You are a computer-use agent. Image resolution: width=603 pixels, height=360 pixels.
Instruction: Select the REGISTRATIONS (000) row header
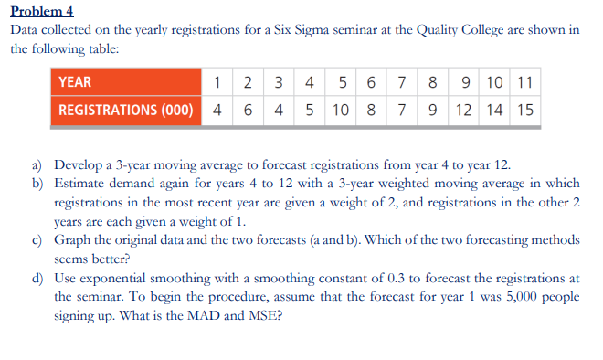tap(125, 111)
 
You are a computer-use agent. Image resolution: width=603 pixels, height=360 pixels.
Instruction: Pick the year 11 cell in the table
tap(524, 82)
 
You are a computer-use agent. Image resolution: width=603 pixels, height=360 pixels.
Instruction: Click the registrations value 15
tap(524, 111)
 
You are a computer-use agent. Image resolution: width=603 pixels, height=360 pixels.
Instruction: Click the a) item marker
tap(38, 165)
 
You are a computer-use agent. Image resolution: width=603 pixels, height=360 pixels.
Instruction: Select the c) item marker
tap(38, 240)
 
